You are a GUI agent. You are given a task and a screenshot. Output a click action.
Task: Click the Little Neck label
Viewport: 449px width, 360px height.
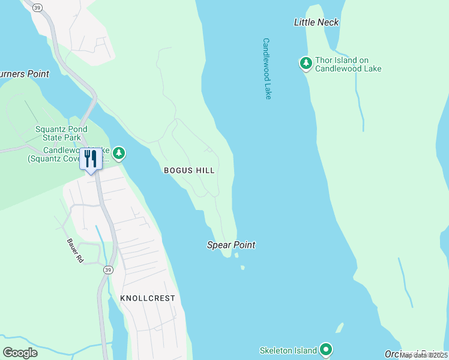[x=316, y=22]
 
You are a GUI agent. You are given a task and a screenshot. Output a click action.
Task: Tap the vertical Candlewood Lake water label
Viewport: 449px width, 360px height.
[x=267, y=68]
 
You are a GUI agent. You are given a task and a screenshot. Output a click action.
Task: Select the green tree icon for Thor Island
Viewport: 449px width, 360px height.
[x=306, y=63]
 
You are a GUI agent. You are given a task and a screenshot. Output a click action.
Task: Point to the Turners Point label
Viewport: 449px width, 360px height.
[x=24, y=74]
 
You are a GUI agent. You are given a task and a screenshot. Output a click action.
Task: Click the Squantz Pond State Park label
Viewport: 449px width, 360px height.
[x=61, y=133]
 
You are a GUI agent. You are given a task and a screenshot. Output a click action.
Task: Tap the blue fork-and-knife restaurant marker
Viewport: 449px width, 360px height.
[x=91, y=160]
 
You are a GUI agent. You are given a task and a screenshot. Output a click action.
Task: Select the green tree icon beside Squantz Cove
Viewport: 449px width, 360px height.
[x=119, y=154]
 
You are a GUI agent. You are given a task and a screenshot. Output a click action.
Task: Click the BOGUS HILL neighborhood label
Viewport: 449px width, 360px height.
[x=189, y=170]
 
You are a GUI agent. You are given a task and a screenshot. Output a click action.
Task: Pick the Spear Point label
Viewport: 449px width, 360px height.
[x=231, y=245]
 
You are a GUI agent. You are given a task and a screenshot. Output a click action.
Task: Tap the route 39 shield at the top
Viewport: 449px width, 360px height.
[x=38, y=7]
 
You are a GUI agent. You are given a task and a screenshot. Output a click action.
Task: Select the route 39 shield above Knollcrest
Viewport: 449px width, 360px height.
[x=107, y=271]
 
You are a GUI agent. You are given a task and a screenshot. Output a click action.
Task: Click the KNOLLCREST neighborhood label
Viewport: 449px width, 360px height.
[x=147, y=298]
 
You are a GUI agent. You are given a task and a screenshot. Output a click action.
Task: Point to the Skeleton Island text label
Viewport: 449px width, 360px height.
[x=288, y=350]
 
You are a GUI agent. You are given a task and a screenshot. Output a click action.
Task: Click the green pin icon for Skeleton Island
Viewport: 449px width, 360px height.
[x=326, y=349]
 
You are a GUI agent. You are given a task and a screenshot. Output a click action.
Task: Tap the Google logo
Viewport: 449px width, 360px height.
[x=20, y=353]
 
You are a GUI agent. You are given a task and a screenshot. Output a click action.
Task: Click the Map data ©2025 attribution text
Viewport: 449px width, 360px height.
[x=423, y=355]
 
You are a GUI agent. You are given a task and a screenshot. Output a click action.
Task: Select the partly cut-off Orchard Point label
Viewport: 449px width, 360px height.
[x=416, y=353]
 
